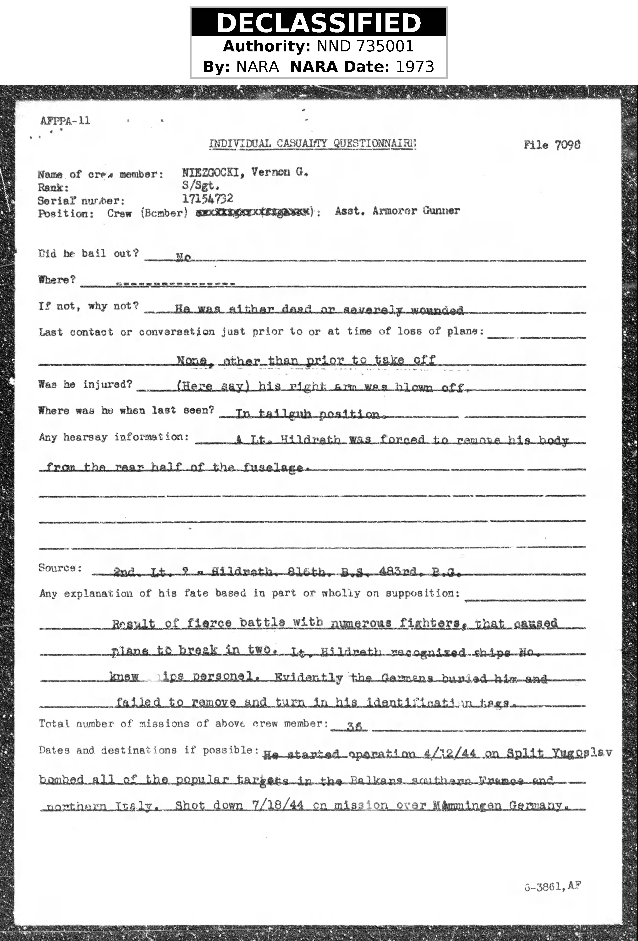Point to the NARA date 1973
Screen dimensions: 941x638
415,66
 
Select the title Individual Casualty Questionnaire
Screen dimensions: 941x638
312,143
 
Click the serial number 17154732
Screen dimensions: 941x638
207,198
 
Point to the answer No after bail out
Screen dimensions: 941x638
183,258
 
